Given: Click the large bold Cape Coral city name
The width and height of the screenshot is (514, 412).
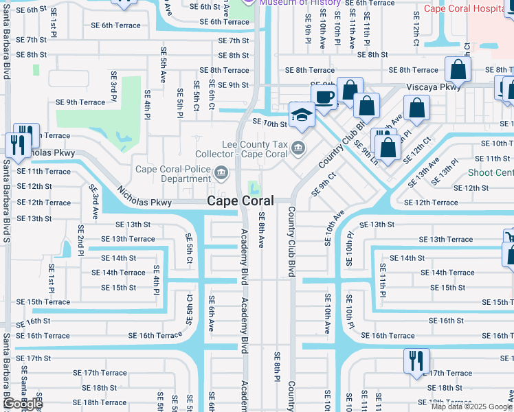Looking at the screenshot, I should click(x=241, y=201).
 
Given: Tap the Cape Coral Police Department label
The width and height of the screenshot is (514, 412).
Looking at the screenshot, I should click(x=174, y=174).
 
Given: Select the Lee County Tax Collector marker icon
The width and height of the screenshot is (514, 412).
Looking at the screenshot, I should click(x=298, y=146).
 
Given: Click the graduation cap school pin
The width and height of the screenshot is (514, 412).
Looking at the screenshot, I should click(x=301, y=115).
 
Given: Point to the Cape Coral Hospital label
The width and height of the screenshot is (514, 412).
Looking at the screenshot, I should click(x=467, y=9).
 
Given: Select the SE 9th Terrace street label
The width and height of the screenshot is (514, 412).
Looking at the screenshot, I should click(x=81, y=102).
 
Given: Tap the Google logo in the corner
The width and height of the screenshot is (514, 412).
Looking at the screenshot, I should click(x=23, y=404).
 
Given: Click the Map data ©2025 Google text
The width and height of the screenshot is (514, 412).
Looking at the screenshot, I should click(x=471, y=407).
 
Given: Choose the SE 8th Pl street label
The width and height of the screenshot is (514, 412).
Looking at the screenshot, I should click(x=276, y=367).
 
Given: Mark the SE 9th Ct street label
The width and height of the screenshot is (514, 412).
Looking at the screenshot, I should click(x=324, y=184).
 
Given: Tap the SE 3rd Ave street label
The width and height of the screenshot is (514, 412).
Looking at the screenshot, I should click(x=93, y=201).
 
